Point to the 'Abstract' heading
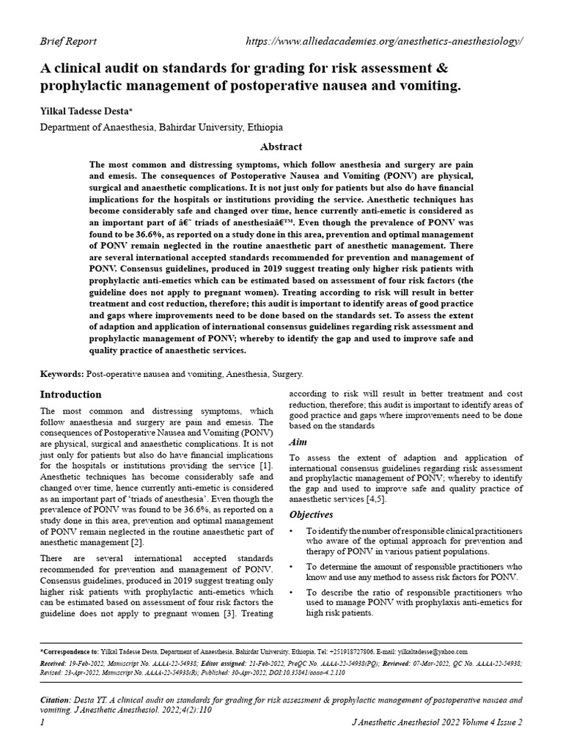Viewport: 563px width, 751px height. (281, 147)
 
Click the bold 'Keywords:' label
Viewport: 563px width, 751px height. (62, 374)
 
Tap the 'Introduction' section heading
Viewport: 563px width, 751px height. (70, 394)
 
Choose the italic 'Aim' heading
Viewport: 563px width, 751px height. (298, 442)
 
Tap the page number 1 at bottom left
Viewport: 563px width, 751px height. (43, 722)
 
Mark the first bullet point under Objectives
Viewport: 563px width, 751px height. (293, 530)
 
